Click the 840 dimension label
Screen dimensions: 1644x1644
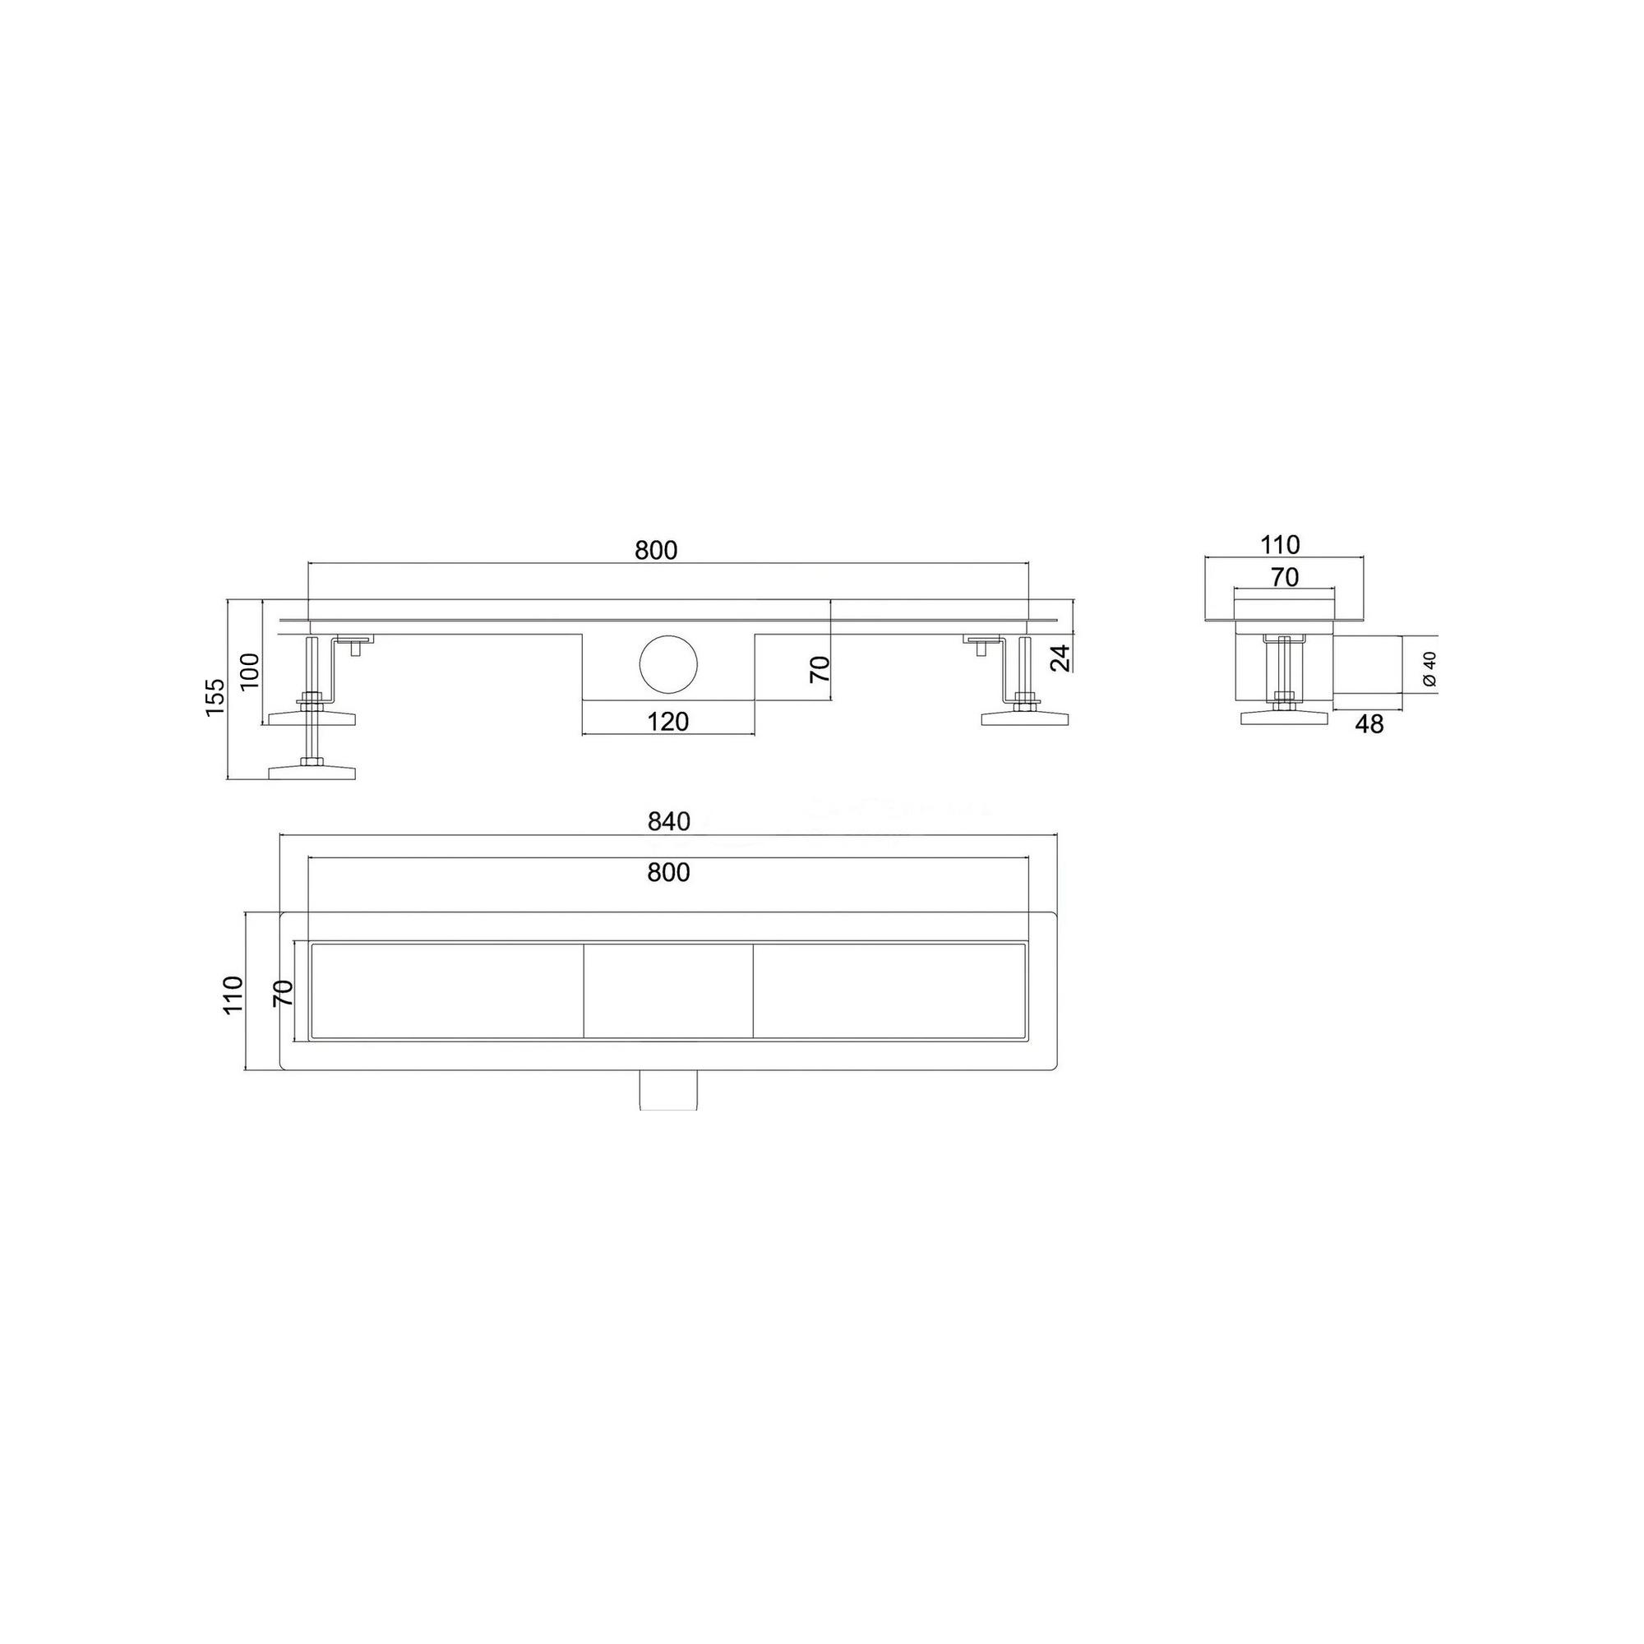point(668,822)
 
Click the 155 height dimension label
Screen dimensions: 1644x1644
point(215,696)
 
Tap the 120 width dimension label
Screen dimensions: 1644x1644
point(667,722)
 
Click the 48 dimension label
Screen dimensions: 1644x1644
point(1369,724)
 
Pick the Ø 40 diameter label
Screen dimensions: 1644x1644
point(1429,668)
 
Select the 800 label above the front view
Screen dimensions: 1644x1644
point(656,551)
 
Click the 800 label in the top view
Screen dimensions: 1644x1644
point(668,872)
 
